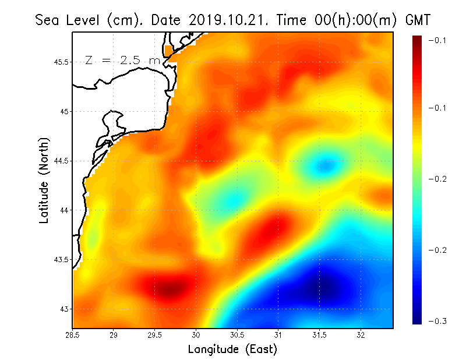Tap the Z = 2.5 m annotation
(x=122, y=60)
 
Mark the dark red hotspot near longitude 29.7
(x=169, y=288)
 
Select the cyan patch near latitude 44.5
(x=322, y=167)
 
